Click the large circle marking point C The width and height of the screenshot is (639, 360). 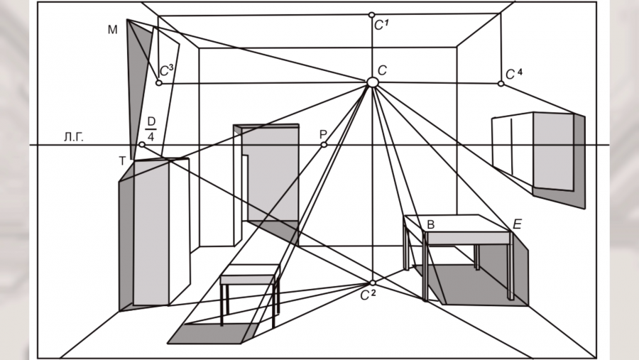(x=372, y=82)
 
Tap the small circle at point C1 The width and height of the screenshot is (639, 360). (x=371, y=14)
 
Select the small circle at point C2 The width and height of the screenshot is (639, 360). (x=373, y=283)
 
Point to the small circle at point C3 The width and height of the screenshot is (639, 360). (x=158, y=83)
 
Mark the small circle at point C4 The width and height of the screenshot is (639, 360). (x=501, y=84)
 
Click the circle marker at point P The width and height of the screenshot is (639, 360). (x=324, y=145)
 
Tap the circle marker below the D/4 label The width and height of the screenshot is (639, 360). (x=142, y=145)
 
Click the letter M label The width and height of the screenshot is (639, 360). (x=112, y=29)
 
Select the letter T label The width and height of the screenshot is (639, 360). (x=122, y=161)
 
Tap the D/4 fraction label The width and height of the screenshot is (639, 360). (x=151, y=126)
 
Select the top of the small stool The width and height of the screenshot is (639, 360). (x=248, y=271)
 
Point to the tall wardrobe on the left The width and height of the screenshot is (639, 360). (x=153, y=234)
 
